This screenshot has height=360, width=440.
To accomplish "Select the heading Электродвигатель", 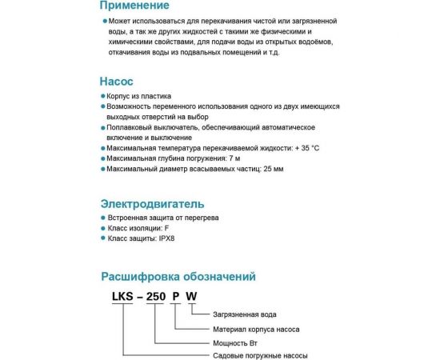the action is click(153, 203).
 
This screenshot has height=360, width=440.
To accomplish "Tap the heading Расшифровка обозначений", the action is click(178, 278).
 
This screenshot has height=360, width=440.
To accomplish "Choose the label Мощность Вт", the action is click(237, 342).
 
